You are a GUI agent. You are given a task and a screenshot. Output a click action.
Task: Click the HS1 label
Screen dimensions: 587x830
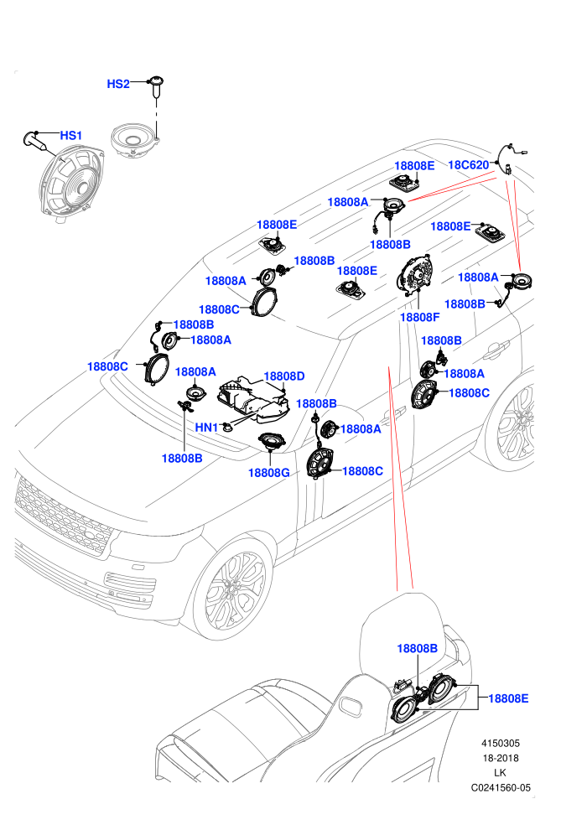[x=71, y=136]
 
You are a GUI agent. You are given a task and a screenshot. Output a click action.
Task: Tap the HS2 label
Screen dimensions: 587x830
[x=118, y=84]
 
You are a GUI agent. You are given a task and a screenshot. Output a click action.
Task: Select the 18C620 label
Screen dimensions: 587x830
[x=469, y=165]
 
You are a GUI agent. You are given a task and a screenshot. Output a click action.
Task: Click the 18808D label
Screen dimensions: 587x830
[x=284, y=376]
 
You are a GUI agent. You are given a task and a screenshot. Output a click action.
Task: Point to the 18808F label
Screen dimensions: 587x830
[x=420, y=317]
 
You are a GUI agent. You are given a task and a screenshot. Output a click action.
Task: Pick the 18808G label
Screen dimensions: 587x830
[x=269, y=473]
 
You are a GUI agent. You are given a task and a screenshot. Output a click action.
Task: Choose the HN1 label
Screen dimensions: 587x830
[x=206, y=428]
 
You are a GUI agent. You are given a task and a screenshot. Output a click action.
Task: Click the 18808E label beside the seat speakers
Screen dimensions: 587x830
[x=508, y=698]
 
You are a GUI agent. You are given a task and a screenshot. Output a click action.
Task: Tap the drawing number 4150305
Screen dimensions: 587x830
[x=500, y=743]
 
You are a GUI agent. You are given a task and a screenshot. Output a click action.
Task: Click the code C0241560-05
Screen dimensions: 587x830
[x=501, y=787]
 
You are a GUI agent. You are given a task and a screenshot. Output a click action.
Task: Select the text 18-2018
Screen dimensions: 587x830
[x=500, y=758]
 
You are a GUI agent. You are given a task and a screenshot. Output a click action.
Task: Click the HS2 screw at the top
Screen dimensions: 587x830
[x=156, y=86]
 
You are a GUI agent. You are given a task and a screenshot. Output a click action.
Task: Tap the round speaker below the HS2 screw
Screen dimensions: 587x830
[x=134, y=142]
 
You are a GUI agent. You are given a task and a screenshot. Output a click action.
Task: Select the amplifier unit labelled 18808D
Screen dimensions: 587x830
[x=253, y=402]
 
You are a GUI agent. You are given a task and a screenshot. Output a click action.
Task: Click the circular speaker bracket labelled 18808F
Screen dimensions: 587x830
[x=416, y=273]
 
